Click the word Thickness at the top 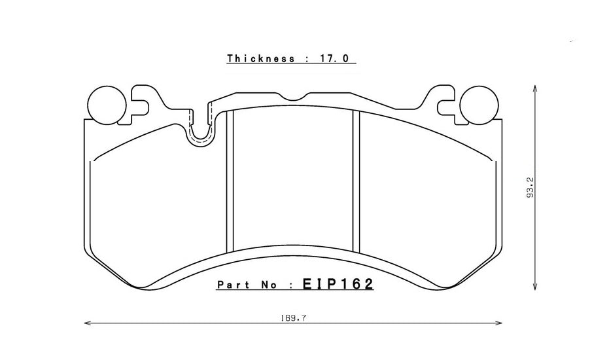260,59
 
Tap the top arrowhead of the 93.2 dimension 536,88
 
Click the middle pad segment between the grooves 293,183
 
